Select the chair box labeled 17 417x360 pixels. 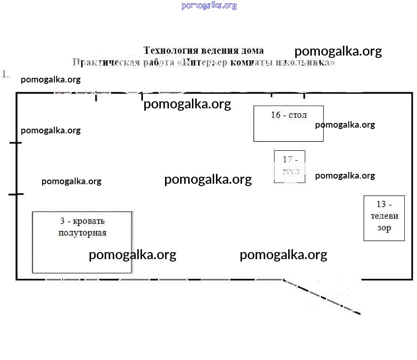click(290, 166)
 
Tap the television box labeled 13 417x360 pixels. click(384, 218)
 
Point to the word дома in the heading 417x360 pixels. click(251, 50)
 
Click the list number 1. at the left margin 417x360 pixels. click(6, 74)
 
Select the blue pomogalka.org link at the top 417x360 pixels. click(209, 6)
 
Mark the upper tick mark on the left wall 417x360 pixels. click(16, 142)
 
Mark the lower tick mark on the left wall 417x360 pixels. click(16, 194)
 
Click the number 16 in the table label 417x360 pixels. click(276, 115)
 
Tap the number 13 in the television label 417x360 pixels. click(381, 204)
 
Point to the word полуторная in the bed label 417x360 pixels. click(83, 233)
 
